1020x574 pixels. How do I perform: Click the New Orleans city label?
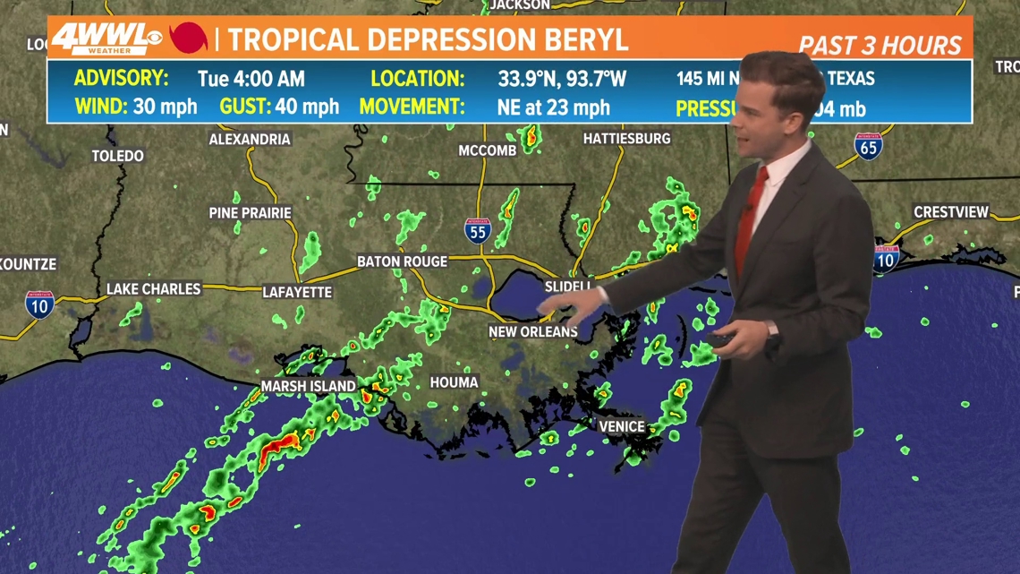(x=533, y=332)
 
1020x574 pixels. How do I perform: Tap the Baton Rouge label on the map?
(x=402, y=261)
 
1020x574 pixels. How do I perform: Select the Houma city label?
(x=454, y=382)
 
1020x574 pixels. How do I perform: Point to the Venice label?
(x=622, y=426)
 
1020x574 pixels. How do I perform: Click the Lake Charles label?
(x=154, y=288)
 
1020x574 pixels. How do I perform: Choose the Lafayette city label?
(x=297, y=292)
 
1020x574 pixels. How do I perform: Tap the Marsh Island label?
(x=309, y=386)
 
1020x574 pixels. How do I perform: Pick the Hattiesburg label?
(x=626, y=139)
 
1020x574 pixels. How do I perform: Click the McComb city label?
(x=488, y=150)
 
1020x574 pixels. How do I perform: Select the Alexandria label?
(x=250, y=139)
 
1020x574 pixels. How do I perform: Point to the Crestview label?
(x=951, y=212)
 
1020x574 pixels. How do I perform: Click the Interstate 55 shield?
(x=478, y=231)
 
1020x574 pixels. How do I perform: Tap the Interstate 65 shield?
(x=868, y=147)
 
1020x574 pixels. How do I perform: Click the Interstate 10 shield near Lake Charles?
(x=39, y=304)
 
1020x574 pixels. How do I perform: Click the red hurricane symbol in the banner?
(x=189, y=39)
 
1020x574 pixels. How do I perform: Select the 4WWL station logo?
(x=106, y=39)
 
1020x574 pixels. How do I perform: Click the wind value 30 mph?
(x=166, y=107)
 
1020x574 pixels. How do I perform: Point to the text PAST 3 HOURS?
(x=880, y=46)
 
